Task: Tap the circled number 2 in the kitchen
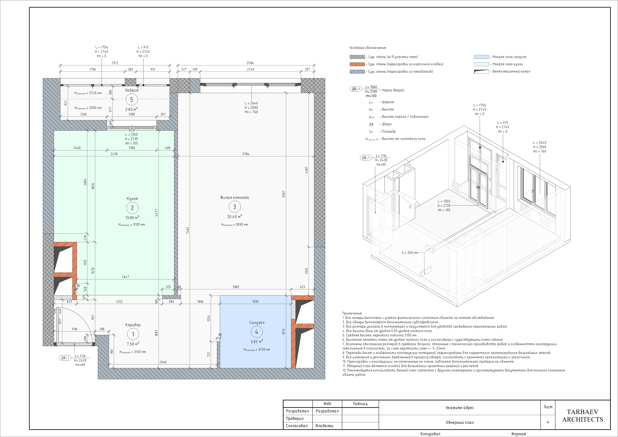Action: pos(132,208)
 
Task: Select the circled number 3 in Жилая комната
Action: pos(234,207)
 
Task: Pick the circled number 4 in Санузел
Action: pos(256,332)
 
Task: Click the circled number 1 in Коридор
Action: pos(133,334)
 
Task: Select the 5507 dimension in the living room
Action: pos(284,194)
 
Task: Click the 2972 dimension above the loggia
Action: pos(115,63)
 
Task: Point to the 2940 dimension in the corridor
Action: pos(163,362)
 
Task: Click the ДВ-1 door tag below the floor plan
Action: pos(65,358)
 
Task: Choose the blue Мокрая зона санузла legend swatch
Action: pos(481,57)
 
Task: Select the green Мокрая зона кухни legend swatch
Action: pos(481,64)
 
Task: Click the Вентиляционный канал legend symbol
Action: pos(481,72)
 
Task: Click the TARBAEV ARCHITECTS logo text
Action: pos(582,416)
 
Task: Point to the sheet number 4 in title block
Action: pos(548,422)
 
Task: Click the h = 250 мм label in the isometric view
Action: pos(410,253)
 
